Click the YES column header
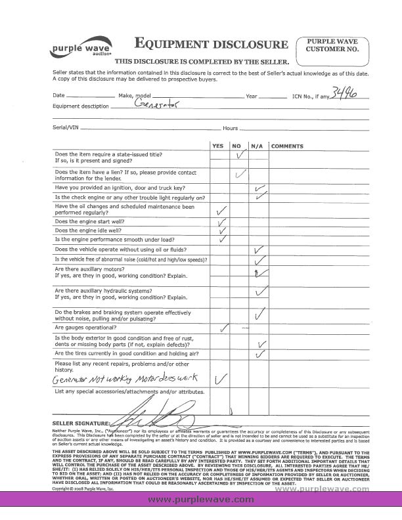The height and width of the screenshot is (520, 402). (218, 145)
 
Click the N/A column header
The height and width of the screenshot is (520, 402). (257, 145)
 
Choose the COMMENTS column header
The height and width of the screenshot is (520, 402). (286, 145)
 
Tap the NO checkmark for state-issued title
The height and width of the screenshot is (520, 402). (240, 156)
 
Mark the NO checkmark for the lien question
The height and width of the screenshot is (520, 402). (240, 174)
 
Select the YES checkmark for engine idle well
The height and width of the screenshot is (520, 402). (223, 230)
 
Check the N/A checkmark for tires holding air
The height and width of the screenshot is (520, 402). (260, 355)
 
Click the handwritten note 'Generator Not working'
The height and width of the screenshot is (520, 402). (85, 379)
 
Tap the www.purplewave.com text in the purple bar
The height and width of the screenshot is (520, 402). (200, 500)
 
